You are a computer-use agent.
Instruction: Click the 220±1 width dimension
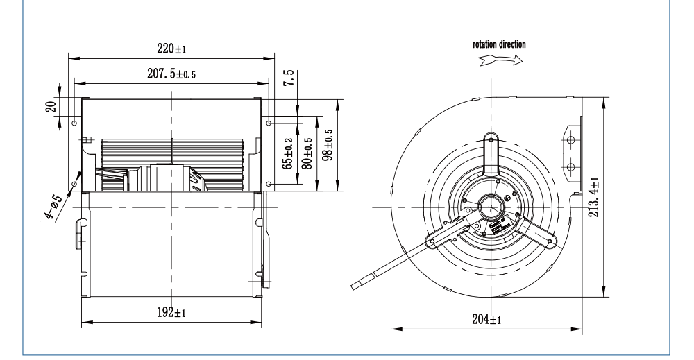pos(170,50)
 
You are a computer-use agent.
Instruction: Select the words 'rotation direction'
pos(499,44)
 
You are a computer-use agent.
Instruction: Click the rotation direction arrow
pos(499,60)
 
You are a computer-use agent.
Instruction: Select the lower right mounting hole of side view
pos(269,184)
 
